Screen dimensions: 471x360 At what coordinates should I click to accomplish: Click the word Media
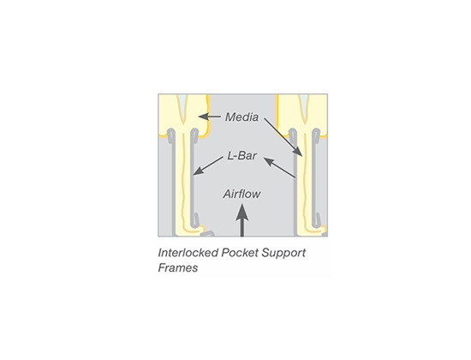click(241, 117)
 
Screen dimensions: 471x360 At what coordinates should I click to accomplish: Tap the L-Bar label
click(242, 156)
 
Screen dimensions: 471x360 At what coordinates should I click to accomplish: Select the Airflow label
click(241, 194)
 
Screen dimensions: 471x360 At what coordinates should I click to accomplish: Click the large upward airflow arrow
click(241, 220)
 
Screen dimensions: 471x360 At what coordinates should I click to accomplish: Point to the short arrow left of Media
click(209, 117)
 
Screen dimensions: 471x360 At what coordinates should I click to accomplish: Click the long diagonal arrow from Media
click(283, 137)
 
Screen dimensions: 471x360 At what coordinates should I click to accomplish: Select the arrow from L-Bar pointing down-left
click(208, 165)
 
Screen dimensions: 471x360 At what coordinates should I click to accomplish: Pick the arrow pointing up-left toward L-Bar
click(279, 168)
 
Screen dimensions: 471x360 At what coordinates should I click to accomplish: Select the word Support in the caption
click(283, 253)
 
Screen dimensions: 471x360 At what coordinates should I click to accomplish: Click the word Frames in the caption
click(178, 267)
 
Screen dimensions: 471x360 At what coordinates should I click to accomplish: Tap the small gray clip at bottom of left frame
click(208, 233)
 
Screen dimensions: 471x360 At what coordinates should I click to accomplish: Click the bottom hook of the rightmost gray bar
click(318, 220)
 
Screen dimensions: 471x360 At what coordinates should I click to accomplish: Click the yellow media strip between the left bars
click(183, 181)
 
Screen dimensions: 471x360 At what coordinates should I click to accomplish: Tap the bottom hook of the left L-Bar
click(195, 220)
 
